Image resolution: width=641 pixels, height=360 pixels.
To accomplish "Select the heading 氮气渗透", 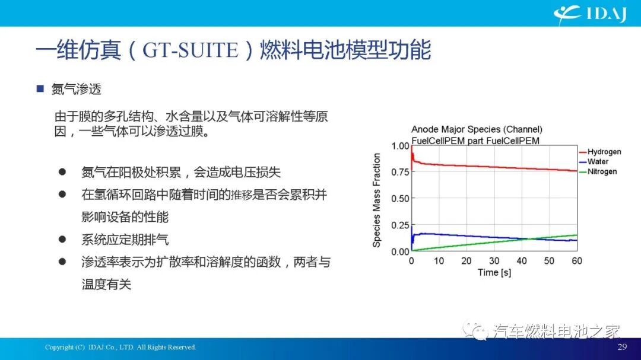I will [x=77, y=89].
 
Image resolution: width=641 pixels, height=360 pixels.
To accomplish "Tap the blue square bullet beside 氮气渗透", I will [x=40, y=89].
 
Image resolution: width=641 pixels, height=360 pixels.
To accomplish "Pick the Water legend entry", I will [x=598, y=161].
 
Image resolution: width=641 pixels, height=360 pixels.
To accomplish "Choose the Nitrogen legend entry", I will [x=602, y=171].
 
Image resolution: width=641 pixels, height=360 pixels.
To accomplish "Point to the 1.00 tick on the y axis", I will [x=401, y=146].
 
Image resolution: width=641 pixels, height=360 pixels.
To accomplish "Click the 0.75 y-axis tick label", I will [x=401, y=172].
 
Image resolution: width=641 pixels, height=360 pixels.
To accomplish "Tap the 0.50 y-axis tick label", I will [x=401, y=199].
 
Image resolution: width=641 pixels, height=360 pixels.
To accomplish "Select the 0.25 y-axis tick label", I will [x=401, y=225].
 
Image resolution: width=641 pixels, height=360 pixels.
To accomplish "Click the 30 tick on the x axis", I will [x=494, y=261].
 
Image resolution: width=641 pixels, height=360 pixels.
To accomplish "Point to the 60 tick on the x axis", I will [x=576, y=261].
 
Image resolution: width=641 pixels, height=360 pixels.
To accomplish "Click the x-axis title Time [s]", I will [x=494, y=272].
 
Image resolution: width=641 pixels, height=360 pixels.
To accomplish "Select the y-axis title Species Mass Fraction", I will [x=377, y=200].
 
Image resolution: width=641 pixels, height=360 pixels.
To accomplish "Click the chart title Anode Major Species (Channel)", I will [x=477, y=129].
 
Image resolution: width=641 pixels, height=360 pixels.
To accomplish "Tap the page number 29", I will [x=622, y=347].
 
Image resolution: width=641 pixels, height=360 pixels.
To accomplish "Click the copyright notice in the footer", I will [x=120, y=347].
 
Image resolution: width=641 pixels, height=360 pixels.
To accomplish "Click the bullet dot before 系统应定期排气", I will [x=62, y=239].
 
